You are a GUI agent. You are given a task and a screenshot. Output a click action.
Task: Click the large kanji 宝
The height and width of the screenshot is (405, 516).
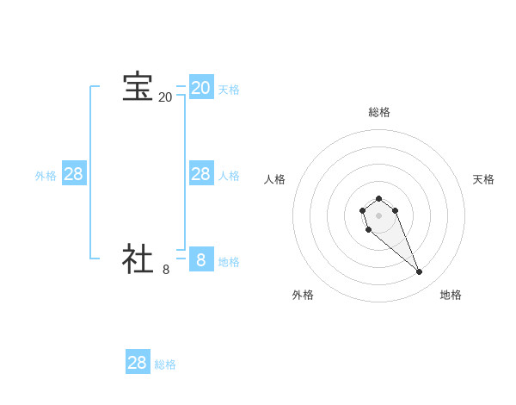pos(138,87)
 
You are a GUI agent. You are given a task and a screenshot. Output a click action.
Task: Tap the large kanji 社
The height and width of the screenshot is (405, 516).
pos(138,259)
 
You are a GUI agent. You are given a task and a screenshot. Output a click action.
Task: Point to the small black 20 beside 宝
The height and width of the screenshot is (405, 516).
pos(165,97)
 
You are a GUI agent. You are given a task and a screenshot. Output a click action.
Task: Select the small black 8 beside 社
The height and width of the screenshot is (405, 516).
pos(166,269)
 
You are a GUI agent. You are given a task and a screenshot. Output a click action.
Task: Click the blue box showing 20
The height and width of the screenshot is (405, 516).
pos(200,87)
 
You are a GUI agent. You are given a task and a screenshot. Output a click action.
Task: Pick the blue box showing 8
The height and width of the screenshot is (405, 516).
pos(200,259)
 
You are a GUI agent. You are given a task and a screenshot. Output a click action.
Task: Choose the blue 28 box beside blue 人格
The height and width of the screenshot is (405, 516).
pos(200,174)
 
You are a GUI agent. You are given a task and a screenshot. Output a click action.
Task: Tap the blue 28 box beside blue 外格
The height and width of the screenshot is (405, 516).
pos(73,174)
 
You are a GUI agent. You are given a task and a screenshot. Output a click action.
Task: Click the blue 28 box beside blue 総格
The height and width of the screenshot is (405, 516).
pos(138,362)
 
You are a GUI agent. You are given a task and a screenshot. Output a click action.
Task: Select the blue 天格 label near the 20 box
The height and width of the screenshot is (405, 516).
pos(229,90)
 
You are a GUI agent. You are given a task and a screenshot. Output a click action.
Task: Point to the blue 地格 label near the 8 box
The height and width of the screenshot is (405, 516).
pos(229,262)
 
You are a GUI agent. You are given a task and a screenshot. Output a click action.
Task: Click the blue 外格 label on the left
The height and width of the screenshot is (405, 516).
pos(46,176)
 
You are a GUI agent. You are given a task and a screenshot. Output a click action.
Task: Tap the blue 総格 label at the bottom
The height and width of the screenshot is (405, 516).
pos(165,364)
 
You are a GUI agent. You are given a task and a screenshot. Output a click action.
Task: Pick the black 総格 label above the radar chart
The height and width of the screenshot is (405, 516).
pos(378,112)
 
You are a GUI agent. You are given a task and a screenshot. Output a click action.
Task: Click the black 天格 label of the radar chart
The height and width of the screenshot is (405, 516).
pos(483,179)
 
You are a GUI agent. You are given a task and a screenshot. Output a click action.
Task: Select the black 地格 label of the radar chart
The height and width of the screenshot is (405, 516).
pos(451,295)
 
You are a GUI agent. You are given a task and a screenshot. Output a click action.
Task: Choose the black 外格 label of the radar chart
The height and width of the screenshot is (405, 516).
pos(303,295)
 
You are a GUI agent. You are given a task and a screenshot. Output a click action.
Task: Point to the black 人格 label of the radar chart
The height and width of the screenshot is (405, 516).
pos(275,179)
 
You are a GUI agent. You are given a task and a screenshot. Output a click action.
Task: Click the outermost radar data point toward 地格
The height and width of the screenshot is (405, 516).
pos(420,272)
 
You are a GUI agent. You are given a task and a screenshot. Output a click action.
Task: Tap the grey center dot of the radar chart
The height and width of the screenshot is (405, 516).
pos(378,215)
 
